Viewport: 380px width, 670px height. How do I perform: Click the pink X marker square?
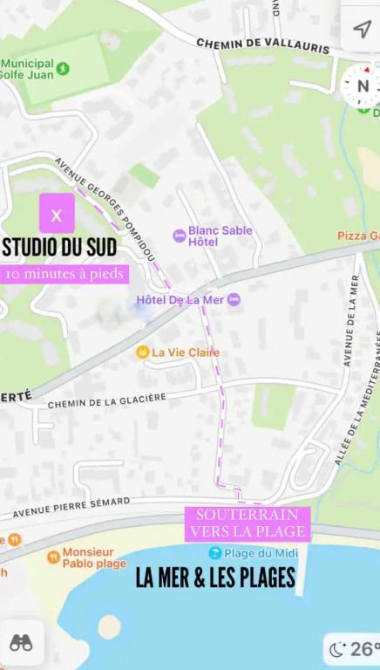point(57,214)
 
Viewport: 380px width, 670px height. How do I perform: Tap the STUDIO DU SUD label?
point(59,247)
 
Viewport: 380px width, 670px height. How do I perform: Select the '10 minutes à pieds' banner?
point(64,274)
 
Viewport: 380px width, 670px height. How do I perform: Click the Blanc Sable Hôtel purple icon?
point(180,236)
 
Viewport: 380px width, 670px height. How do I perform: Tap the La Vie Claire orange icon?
point(142,352)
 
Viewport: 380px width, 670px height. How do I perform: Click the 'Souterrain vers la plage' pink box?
point(248,523)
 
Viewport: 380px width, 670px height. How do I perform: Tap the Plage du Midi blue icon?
point(215,553)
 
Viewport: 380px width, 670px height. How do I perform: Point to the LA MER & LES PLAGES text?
point(215,578)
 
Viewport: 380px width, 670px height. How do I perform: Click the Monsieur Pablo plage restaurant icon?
point(53,557)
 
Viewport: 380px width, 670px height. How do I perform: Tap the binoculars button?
point(21,643)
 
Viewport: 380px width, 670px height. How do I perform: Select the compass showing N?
point(361,85)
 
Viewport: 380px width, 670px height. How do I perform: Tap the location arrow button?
point(362,29)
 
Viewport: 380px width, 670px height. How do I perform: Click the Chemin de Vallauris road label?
point(261,45)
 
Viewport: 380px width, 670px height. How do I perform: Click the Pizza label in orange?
point(358,236)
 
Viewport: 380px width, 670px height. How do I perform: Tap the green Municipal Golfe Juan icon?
point(62,68)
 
